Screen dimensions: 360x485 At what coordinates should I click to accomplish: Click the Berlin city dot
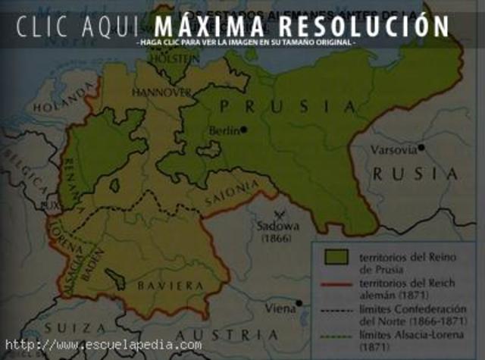pyautogui.click(x=244, y=130)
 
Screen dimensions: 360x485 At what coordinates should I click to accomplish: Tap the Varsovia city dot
pyautogui.click(x=421, y=148)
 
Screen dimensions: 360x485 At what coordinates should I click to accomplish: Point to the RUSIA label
pyautogui.click(x=415, y=174)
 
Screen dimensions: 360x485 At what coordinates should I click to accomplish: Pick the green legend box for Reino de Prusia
pyautogui.click(x=335, y=256)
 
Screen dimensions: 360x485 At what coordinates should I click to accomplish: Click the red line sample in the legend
pyautogui.click(x=335, y=283)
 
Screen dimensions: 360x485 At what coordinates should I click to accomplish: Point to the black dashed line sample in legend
pyautogui.click(x=335, y=310)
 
